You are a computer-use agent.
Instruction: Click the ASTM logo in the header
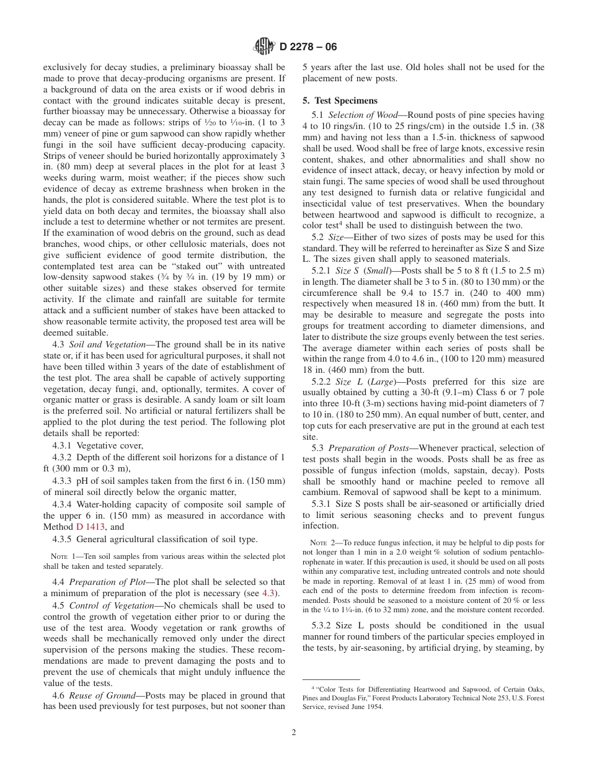tap(265, 47)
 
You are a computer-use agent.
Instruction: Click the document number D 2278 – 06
tap(308, 47)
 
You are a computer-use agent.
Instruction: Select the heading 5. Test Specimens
tap(340, 100)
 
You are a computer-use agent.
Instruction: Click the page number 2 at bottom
tap(294, 732)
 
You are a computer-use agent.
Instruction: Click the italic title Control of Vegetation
tap(112, 605)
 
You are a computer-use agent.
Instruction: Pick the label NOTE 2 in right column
tap(322, 543)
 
